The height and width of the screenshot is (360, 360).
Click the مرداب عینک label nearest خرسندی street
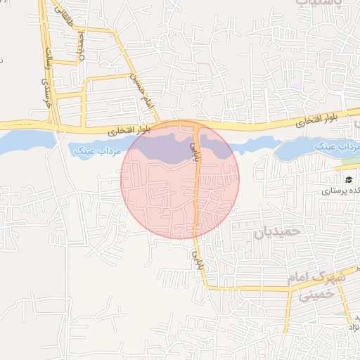click(x=96, y=150)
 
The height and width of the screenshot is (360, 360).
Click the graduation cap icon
click(x=349, y=179)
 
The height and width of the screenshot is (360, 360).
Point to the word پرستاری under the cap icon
click(x=340, y=190)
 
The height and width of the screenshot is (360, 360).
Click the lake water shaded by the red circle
click(x=162, y=150)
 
